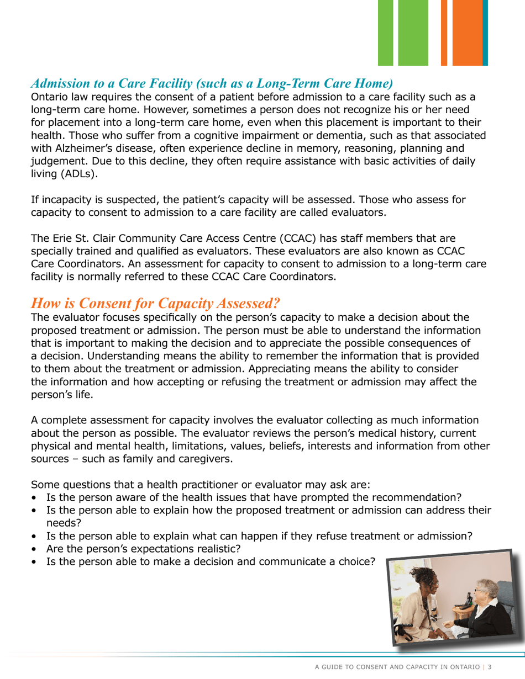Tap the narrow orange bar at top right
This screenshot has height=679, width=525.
[x=444, y=33]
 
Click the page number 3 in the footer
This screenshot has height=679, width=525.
[x=489, y=667]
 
